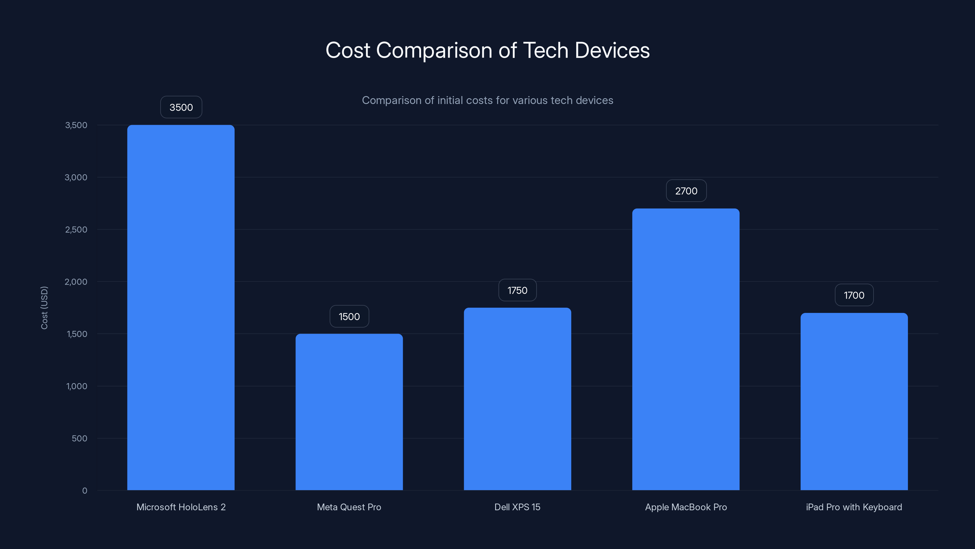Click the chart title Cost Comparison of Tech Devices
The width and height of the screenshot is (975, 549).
click(x=487, y=50)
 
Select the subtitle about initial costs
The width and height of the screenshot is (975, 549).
click(x=487, y=100)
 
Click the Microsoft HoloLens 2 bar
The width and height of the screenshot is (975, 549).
click(x=181, y=307)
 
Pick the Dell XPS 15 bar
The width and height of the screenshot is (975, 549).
click(x=517, y=399)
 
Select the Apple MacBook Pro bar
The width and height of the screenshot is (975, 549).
click(x=686, y=349)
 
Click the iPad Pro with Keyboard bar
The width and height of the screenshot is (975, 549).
click(x=854, y=401)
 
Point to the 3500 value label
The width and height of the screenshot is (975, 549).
click(x=181, y=107)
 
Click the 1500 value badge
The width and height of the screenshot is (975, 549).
click(x=349, y=316)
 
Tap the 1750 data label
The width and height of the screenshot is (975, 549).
click(x=517, y=290)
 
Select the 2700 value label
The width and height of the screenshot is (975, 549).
click(x=686, y=191)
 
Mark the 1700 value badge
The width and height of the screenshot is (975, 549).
click(x=854, y=295)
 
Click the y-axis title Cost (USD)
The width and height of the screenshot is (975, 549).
click(x=44, y=308)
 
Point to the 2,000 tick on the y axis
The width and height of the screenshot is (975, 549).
click(x=76, y=282)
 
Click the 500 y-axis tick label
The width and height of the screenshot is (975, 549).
click(x=80, y=438)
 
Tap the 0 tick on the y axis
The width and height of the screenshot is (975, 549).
click(x=84, y=491)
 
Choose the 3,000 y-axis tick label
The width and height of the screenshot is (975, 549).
click(x=76, y=177)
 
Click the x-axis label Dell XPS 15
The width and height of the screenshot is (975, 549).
click(x=517, y=507)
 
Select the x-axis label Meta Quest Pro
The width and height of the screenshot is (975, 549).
click(x=349, y=507)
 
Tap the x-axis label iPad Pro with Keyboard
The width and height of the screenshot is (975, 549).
click(x=854, y=507)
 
